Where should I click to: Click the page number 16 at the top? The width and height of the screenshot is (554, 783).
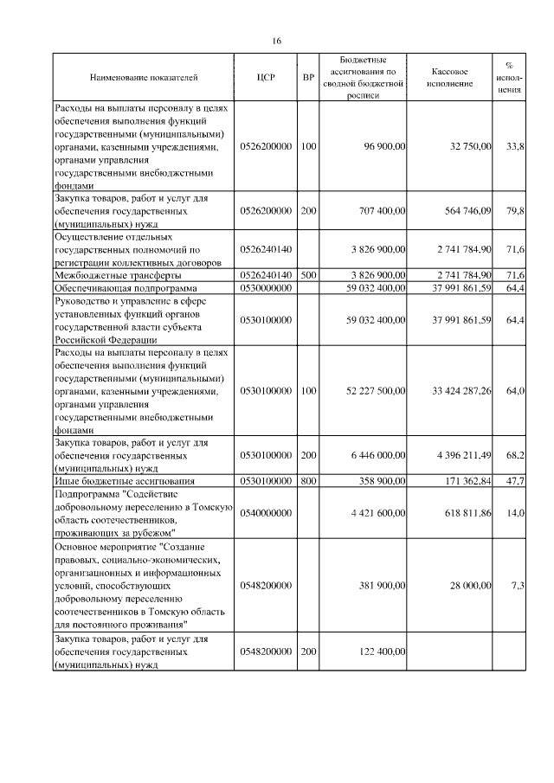tap(277, 41)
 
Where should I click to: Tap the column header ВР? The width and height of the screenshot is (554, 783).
tap(308, 78)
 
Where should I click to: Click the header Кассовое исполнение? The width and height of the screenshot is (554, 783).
tap(451, 78)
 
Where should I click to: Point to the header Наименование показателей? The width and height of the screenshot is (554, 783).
tap(144, 78)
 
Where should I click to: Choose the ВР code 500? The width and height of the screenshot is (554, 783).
tap(308, 273)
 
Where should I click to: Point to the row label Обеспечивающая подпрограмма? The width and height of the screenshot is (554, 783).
tap(126, 286)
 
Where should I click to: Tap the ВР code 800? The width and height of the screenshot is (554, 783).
tap(308, 479)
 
